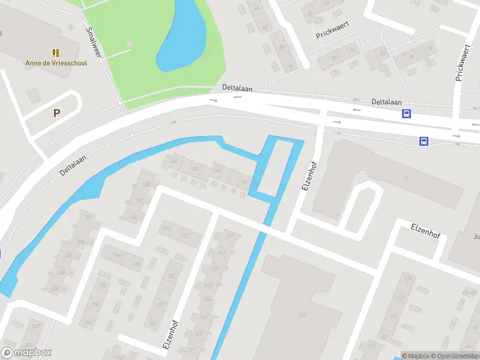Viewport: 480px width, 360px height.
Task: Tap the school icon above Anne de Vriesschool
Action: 55,53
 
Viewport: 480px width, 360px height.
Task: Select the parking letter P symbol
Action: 57,113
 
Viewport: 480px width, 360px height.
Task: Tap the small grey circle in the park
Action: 130,43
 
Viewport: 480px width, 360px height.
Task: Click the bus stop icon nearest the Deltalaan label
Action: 407,113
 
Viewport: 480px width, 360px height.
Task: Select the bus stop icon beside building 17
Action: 424,142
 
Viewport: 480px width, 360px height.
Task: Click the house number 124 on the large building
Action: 302,316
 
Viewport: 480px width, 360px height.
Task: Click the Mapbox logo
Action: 26,352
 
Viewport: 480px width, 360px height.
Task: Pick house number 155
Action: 167,228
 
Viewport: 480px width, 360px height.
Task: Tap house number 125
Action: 409,279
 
